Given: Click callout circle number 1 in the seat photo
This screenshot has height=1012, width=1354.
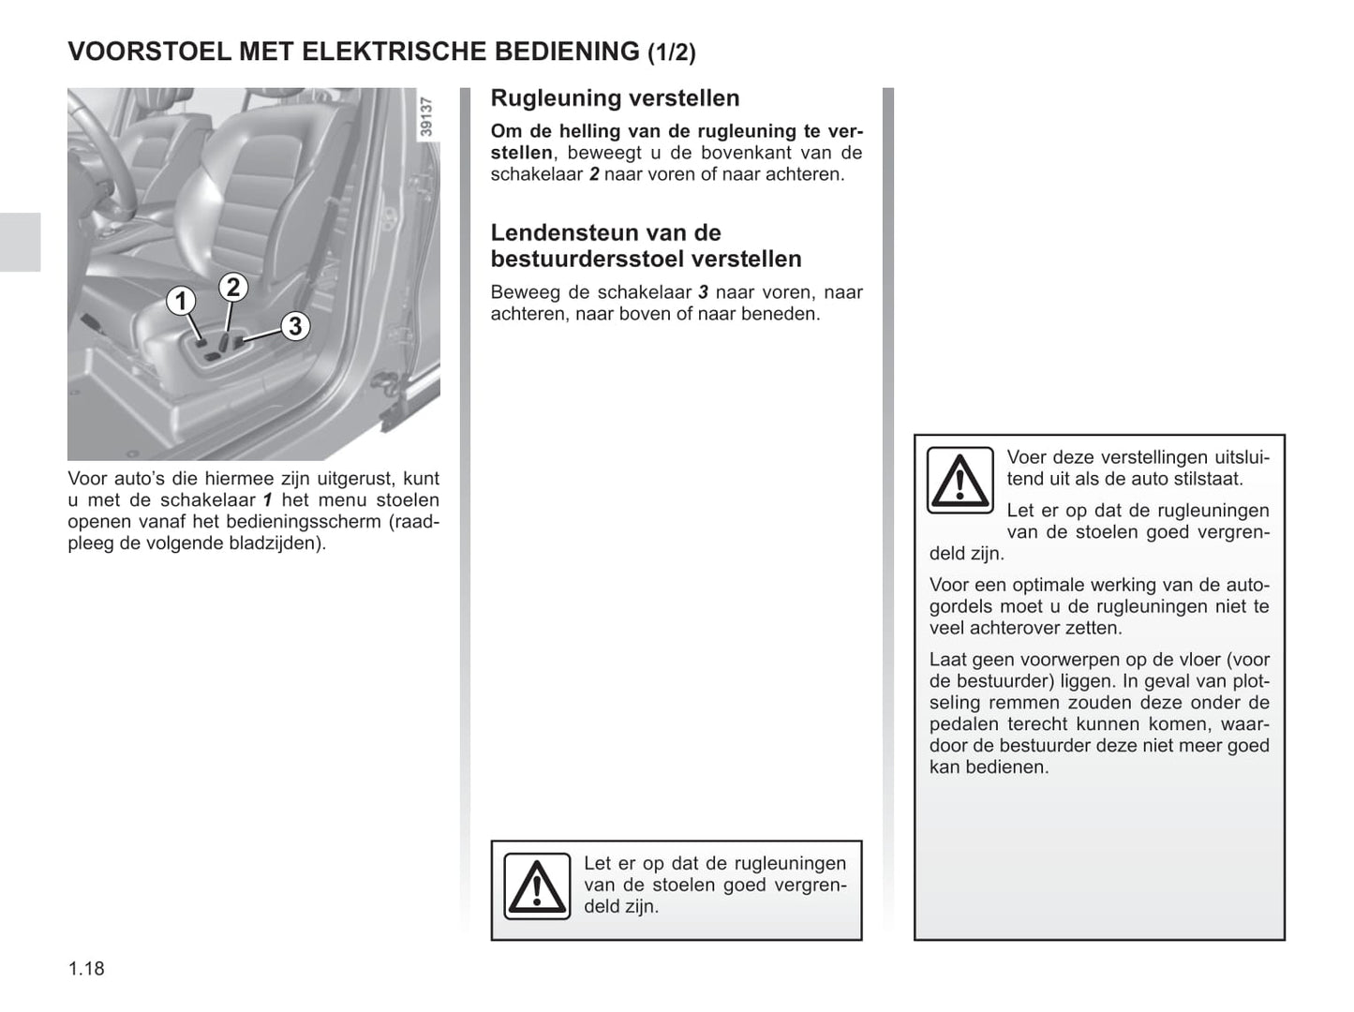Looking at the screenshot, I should (181, 301).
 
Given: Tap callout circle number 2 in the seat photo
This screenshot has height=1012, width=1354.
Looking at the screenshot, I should (232, 287).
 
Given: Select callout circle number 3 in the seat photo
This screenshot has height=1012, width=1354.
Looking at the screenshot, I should (294, 325).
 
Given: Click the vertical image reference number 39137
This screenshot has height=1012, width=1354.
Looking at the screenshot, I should (427, 117).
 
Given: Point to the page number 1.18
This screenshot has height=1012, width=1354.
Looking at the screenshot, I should (86, 968).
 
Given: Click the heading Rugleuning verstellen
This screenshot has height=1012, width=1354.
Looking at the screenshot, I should (615, 98).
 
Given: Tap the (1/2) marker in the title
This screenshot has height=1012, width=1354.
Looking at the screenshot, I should (672, 53).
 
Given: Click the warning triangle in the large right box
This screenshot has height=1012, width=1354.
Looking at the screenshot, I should (960, 480).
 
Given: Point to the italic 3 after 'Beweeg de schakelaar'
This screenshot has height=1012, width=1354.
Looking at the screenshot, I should (703, 292).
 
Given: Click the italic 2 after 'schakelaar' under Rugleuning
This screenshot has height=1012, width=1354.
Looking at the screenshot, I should (594, 174).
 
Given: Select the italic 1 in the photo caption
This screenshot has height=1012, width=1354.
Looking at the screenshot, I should (267, 500).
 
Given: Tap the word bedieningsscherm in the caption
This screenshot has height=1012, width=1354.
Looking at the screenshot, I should (305, 522).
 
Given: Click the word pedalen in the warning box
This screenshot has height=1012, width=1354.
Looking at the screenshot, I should (964, 724).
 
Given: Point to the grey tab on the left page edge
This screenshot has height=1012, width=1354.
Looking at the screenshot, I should (20, 242).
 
